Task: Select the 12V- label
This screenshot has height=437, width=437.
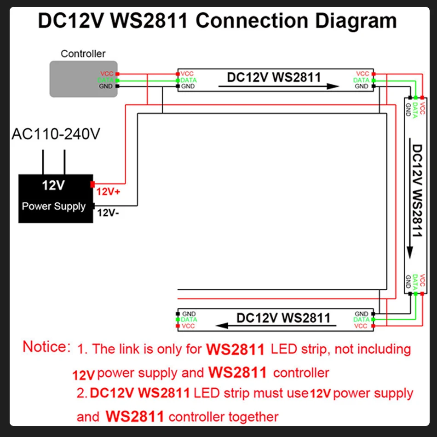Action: (x=108, y=213)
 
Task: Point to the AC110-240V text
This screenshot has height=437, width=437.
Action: (x=56, y=134)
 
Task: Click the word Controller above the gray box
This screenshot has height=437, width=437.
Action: (x=83, y=54)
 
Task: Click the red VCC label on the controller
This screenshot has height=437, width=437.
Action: (x=107, y=74)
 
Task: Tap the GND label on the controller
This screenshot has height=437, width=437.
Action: (x=107, y=86)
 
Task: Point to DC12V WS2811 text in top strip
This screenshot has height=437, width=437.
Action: (x=274, y=77)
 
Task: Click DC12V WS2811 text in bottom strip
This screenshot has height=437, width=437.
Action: (x=283, y=317)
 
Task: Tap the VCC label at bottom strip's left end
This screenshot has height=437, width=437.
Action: (x=189, y=326)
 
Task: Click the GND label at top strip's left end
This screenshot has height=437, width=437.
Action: (x=188, y=86)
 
